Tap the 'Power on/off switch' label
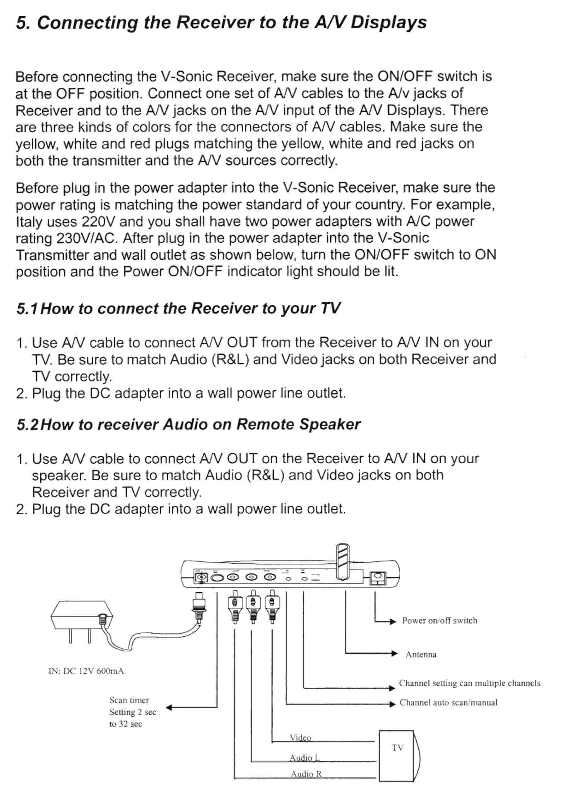pyautogui.click(x=439, y=621)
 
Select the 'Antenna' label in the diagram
pyautogui.click(x=421, y=654)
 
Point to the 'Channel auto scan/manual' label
pyautogui.click(x=448, y=702)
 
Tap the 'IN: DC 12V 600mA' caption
pyautogui.click(x=86, y=671)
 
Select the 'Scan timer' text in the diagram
pyautogui.click(x=129, y=700)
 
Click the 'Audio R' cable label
pyautogui.click(x=306, y=774)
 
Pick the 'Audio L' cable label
pyautogui.click(x=304, y=758)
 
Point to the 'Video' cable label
pyautogui.click(x=300, y=737)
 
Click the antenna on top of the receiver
pyautogui.click(x=342, y=561)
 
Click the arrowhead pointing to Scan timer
pyautogui.click(x=169, y=707)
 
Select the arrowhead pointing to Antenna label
pyautogui.click(x=394, y=654)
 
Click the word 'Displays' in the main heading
pyautogui.click(x=388, y=23)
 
